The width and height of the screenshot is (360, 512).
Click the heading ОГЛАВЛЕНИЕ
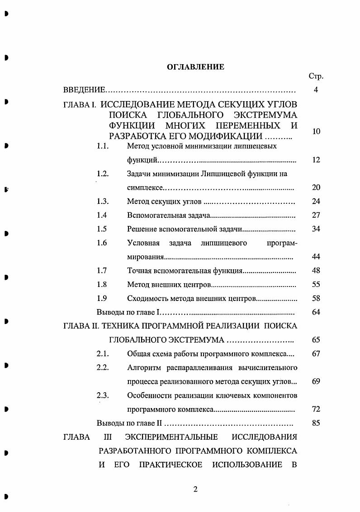(196, 67)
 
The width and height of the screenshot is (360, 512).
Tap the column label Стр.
(316, 76)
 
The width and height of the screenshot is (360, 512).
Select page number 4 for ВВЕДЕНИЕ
(316, 90)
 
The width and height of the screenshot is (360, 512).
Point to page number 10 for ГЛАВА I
(316, 131)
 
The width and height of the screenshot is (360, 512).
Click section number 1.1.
(103, 146)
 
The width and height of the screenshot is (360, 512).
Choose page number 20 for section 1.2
(316, 188)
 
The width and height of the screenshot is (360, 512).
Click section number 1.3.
(103, 201)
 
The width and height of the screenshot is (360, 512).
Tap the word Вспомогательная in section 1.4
(151, 215)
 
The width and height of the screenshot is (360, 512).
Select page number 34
(316, 229)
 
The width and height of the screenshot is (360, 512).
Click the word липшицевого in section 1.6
(223, 243)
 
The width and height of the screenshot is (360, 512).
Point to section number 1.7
(102, 270)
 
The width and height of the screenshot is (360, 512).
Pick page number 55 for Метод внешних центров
(316, 284)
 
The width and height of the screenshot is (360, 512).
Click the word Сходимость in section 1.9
(146, 298)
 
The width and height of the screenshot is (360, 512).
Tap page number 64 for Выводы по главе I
(316, 312)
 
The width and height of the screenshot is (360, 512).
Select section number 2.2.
(103, 367)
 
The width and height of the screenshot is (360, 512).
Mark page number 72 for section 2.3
(316, 409)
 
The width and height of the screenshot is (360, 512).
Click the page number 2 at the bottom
(195, 489)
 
